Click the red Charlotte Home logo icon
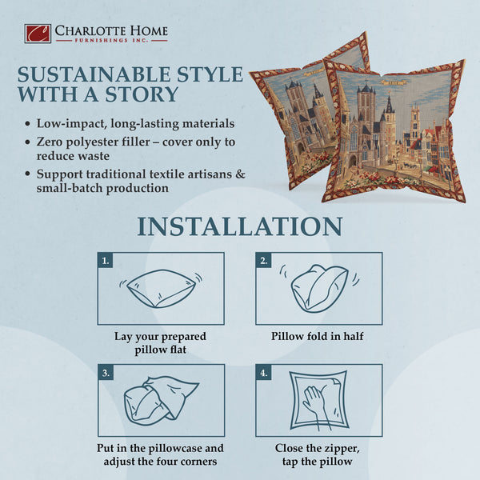pos(38,34)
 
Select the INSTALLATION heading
pos(239,226)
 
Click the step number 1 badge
pos(105,261)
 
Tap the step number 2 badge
pos(263,261)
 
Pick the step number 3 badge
pos(105,372)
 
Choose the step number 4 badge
pos(263,372)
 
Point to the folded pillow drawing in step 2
pos(318,288)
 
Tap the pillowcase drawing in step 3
pos(160,400)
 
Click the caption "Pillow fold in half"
pos(318,336)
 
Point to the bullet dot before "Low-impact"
pos(29,125)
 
